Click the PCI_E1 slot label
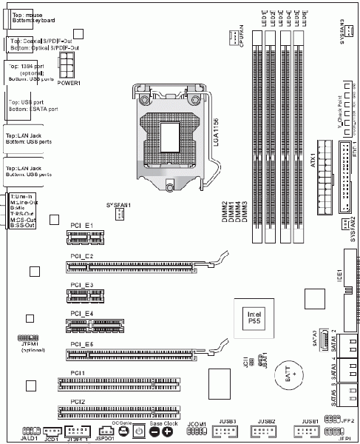coord(81,224)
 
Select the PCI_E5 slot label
coord(82,344)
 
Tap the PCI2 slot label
coord(78,400)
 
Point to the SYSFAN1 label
coord(118,203)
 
